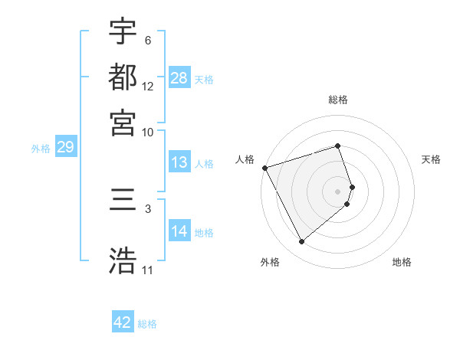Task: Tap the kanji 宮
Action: [123, 123]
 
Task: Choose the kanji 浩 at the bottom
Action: [123, 260]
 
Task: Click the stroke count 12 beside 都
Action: [148, 87]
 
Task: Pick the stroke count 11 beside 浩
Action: [148, 270]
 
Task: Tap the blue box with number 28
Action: [179, 77]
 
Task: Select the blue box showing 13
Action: [179, 162]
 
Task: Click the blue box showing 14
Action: [179, 231]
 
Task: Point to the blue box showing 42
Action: [123, 322]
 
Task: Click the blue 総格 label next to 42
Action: [147, 324]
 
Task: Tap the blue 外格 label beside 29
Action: [41, 149]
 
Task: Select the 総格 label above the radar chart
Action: [338, 100]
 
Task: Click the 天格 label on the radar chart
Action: [431, 159]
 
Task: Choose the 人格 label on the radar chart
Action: [245, 159]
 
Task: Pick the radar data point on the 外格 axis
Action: [301, 242]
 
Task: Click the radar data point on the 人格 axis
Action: [264, 167]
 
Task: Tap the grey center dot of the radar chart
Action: [338, 191]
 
